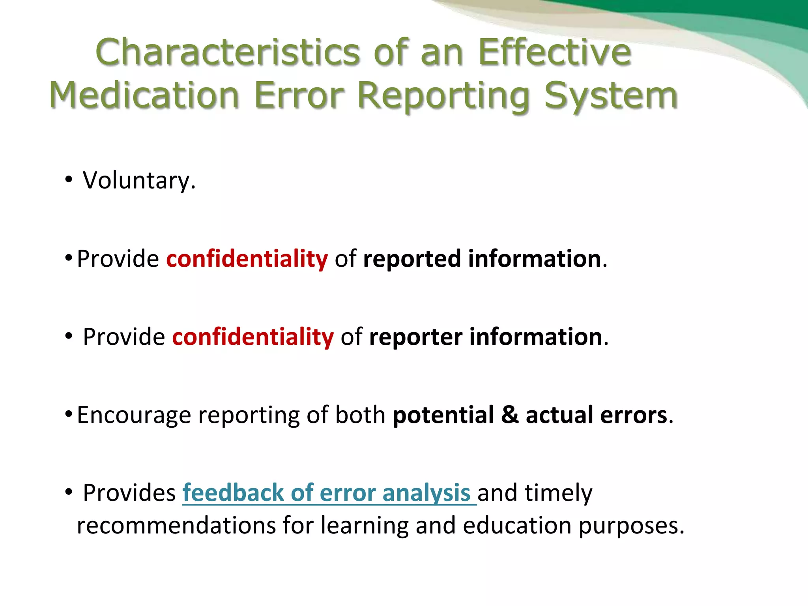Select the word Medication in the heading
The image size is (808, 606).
pyautogui.click(x=144, y=95)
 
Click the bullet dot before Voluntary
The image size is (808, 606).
pyautogui.click(x=69, y=180)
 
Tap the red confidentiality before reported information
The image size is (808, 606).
pyautogui.click(x=247, y=259)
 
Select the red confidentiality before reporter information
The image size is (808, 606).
pyautogui.click(x=253, y=337)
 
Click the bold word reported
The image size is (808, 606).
pyautogui.click(x=412, y=259)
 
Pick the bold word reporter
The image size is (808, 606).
pyautogui.click(x=416, y=337)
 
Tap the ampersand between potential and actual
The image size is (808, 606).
pyautogui.click(x=510, y=415)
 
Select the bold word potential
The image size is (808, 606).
pyautogui.click(x=443, y=415)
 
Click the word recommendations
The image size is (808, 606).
pyautogui.click(x=176, y=526)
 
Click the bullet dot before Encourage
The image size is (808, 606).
pyautogui.click(x=69, y=414)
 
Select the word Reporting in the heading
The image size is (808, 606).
pyautogui.click(x=444, y=95)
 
